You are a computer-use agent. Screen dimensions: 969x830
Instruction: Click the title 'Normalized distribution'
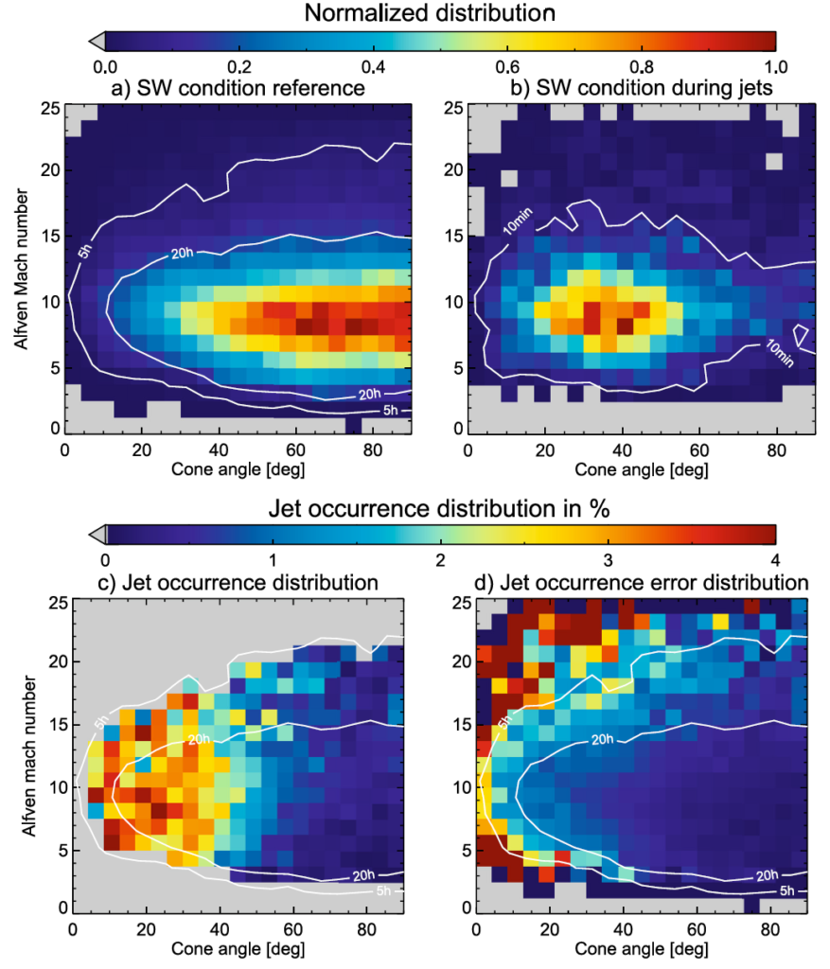click(431, 12)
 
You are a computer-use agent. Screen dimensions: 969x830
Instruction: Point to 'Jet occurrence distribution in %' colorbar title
click(434, 507)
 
